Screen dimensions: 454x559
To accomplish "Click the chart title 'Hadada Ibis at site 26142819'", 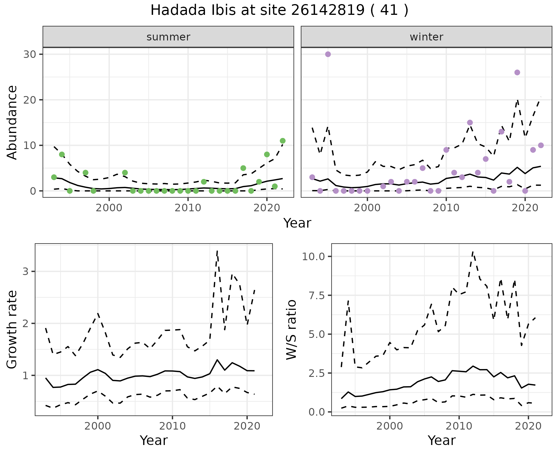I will [x=279, y=10].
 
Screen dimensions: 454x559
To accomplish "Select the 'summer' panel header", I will [x=168, y=37].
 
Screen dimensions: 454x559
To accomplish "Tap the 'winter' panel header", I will [x=426, y=37].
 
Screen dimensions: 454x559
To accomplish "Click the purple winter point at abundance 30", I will [x=328, y=54].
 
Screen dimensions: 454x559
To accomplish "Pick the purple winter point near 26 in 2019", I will [x=517, y=72].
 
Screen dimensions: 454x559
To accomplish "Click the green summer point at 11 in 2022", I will [x=282, y=141].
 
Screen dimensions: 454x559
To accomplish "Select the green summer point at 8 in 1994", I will [x=62, y=155].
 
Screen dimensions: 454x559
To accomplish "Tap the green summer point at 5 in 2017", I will [x=243, y=168].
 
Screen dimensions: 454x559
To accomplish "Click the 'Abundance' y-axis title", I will [x=12, y=123].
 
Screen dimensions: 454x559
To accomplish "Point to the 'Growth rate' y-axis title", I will [x=12, y=330].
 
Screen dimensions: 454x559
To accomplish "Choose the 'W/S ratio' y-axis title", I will [x=291, y=330].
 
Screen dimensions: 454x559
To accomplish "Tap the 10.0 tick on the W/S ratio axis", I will [x=314, y=256].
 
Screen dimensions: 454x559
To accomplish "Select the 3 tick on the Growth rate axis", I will [x=26, y=272].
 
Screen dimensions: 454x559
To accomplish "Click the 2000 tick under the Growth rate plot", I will [x=98, y=426].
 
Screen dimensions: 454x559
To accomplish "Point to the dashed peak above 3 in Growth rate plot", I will [x=217, y=251].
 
